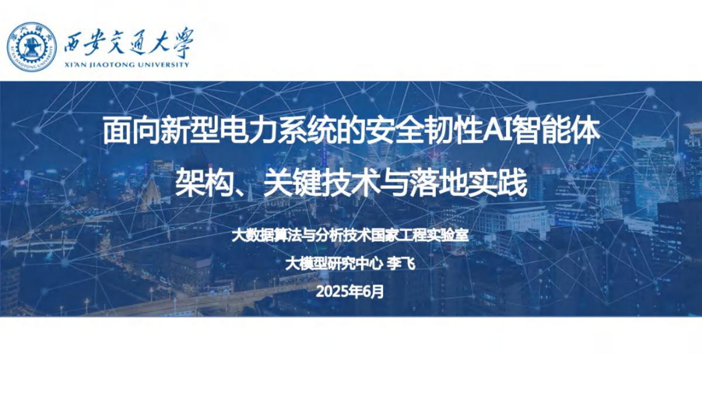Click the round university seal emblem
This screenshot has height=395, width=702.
32,46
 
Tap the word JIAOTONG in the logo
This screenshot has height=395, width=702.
111,64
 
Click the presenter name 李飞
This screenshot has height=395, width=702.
402,264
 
